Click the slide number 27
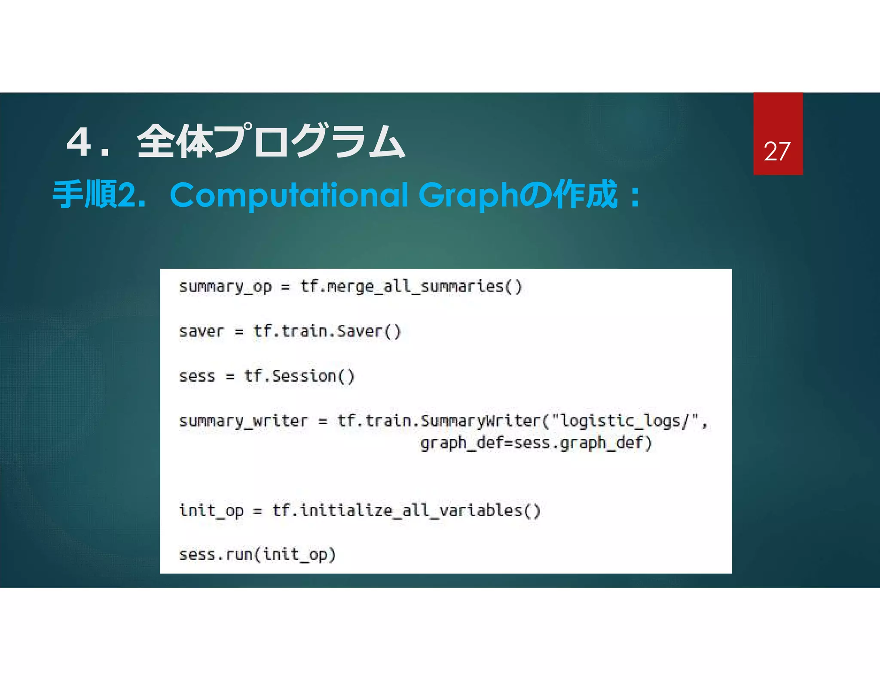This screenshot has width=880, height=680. [777, 151]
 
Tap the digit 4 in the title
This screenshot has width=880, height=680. [79, 142]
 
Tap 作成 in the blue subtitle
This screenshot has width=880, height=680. [585, 195]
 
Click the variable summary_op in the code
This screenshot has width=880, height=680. [225, 287]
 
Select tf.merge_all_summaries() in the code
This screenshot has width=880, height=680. [411, 287]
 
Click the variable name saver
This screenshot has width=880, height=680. [201, 331]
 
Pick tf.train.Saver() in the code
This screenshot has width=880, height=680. [327, 331]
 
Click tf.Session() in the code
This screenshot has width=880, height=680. [299, 376]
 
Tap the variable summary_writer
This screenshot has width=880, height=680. [243, 421]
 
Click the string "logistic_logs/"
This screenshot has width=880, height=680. [626, 421]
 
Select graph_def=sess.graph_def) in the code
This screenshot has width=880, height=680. [536, 443]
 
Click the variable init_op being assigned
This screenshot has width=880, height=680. [211, 511]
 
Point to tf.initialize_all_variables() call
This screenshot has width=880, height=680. [406, 511]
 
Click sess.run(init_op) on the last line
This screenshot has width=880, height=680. [257, 554]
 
